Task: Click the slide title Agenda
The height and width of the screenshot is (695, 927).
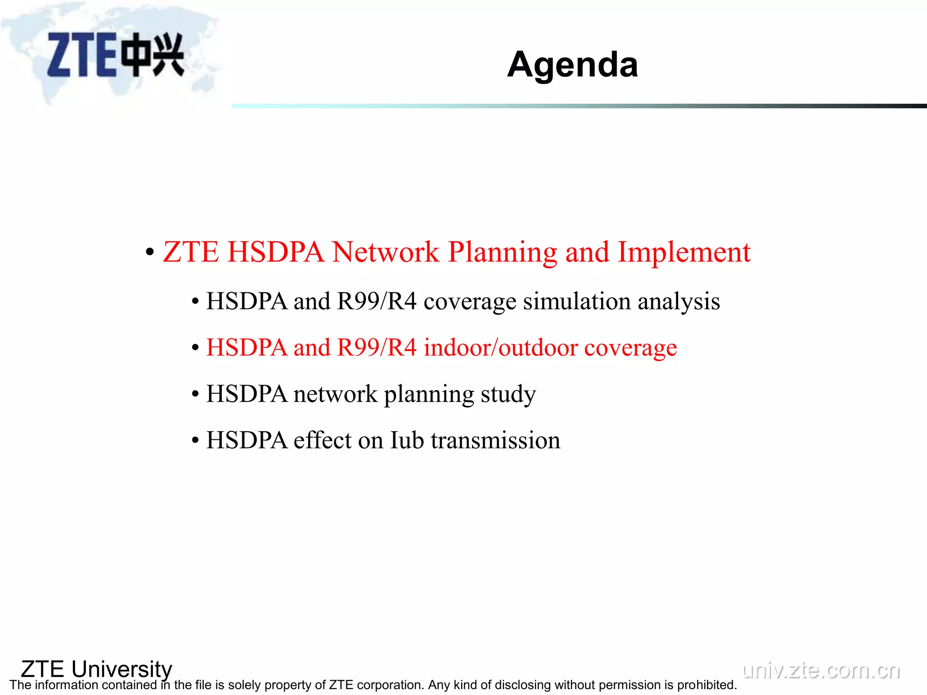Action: [x=572, y=65]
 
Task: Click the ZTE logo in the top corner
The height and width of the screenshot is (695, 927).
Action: [x=115, y=55]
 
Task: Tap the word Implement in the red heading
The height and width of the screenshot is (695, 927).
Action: [x=684, y=252]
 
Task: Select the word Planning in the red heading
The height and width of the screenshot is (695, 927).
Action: [x=502, y=252]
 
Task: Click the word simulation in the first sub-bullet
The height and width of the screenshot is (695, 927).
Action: [x=577, y=301]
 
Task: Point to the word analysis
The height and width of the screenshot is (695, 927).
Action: [x=679, y=301]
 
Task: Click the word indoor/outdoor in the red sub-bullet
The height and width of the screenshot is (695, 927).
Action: [x=501, y=347]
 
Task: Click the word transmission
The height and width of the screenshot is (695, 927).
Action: [x=495, y=440]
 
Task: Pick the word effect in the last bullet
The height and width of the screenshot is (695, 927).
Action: [x=322, y=440]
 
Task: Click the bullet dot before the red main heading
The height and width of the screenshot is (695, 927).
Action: [x=150, y=252]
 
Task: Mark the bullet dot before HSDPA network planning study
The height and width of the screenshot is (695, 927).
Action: [x=195, y=394]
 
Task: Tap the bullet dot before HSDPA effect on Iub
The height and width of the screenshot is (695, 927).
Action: [x=195, y=441]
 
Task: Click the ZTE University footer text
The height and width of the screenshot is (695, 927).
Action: [x=96, y=669]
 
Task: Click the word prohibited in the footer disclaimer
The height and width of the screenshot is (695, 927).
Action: [x=707, y=685]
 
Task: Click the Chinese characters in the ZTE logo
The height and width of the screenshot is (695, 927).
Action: [x=154, y=55]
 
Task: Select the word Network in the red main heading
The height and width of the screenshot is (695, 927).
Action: [x=385, y=252]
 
